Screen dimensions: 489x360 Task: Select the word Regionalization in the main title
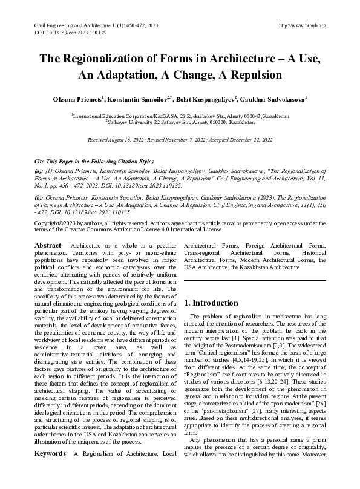(113, 59)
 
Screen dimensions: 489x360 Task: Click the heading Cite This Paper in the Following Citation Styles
(94, 162)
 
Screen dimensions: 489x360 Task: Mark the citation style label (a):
(39, 171)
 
